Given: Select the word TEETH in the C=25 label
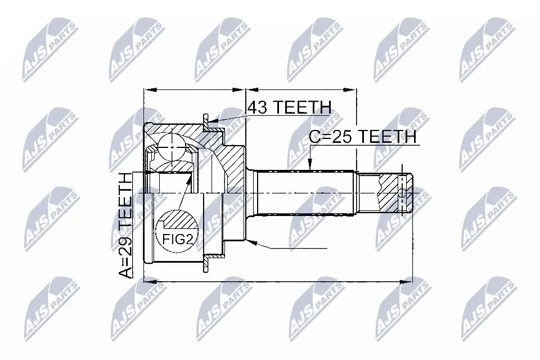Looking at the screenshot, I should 388,136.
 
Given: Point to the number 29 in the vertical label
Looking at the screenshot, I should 127,242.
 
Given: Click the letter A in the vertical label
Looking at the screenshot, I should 127,273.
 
